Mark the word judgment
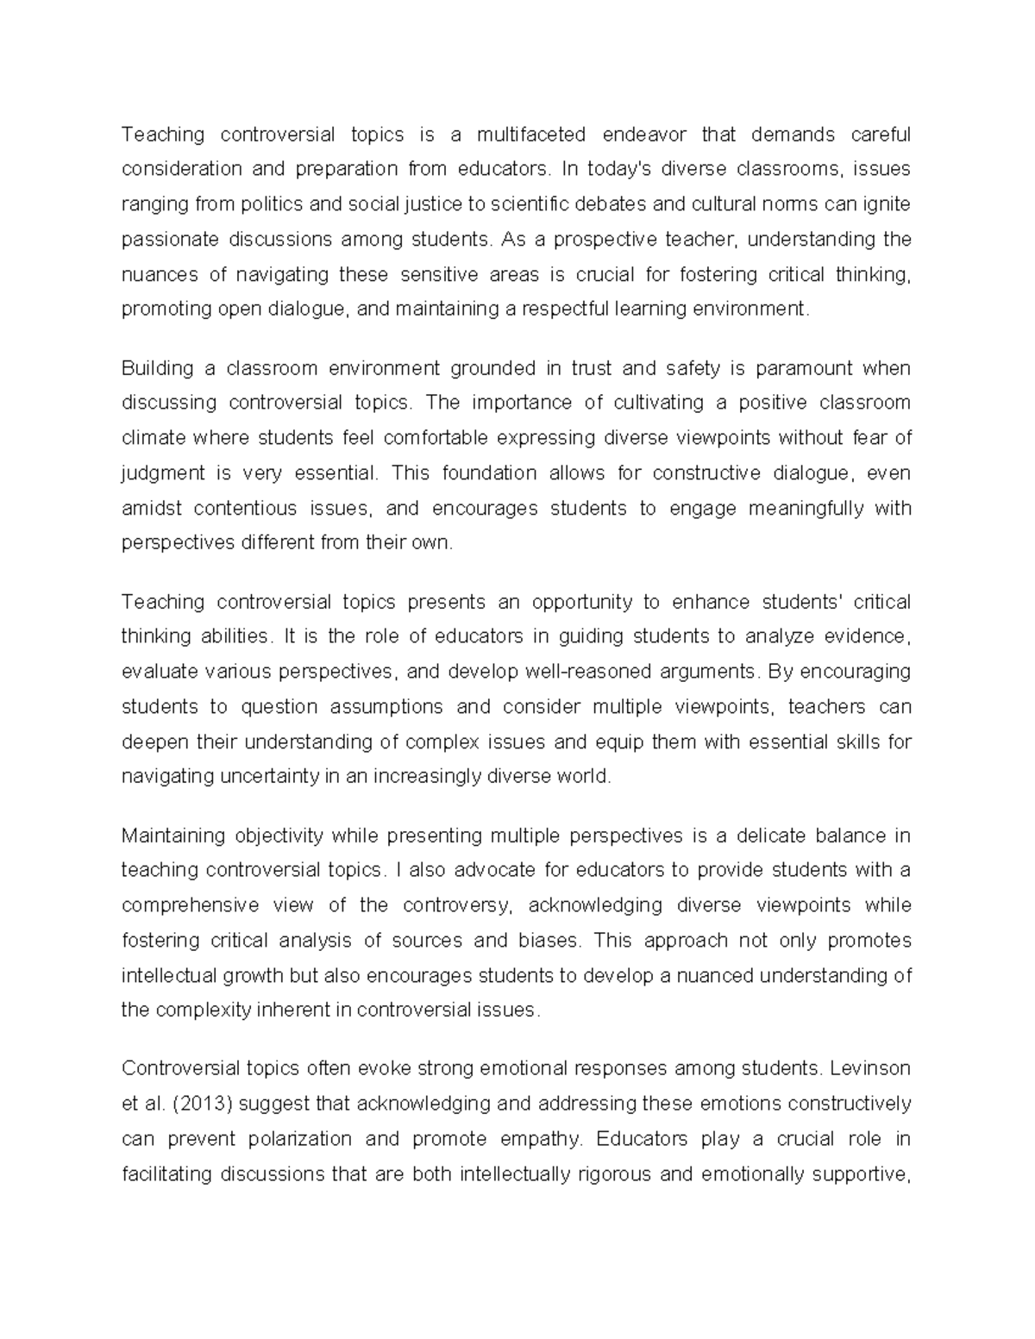point(163,473)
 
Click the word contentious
point(245,509)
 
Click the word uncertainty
point(267,777)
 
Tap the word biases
point(548,941)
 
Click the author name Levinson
point(869,1069)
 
